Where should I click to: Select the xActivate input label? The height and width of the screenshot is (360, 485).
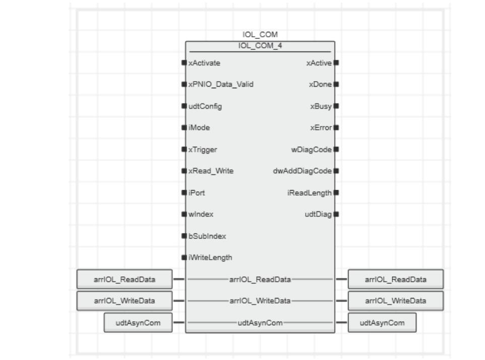tap(204, 63)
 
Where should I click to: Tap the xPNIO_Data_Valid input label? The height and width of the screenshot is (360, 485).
tap(221, 85)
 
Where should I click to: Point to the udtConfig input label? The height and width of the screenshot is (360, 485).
tap(205, 106)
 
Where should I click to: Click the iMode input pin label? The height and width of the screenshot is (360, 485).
tap(199, 128)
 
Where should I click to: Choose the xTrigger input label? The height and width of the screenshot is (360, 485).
tap(203, 150)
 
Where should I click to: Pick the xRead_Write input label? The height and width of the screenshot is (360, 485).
tap(211, 171)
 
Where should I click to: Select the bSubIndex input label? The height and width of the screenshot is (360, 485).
tap(207, 236)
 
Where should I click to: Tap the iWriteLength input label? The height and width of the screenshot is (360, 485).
tap(210, 258)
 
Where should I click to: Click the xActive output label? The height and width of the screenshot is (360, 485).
tap(319, 63)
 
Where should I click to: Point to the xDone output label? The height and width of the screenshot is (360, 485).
tap(320, 85)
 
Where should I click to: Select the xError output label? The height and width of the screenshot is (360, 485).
tap(321, 128)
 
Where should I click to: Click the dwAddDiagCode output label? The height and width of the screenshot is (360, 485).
tap(302, 171)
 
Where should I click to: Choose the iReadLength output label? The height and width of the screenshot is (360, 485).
tap(310, 193)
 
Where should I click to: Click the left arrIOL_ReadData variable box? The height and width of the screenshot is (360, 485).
tap(124, 279)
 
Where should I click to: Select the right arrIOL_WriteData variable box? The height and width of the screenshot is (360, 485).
tap(396, 301)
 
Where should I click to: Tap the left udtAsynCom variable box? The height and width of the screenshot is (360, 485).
tap(138, 323)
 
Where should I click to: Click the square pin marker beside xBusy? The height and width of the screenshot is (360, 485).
tap(336, 106)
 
